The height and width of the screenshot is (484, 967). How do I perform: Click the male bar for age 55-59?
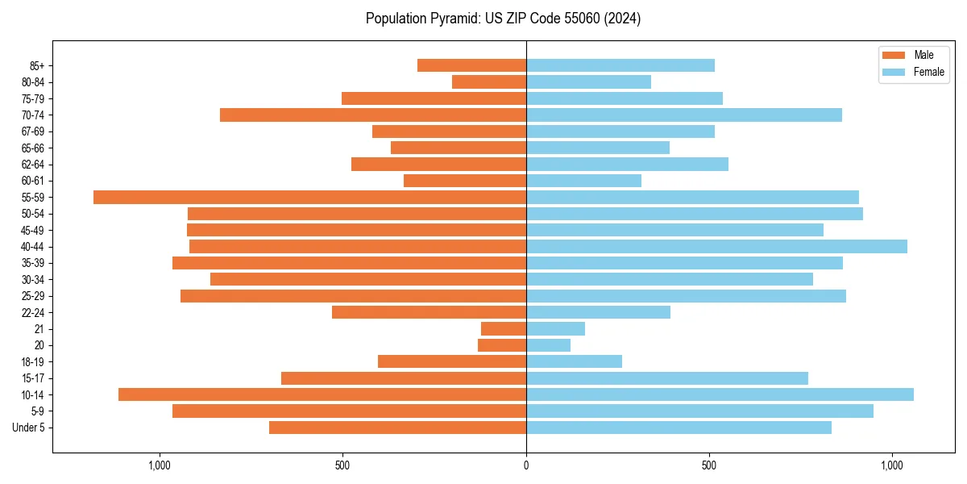coord(310,197)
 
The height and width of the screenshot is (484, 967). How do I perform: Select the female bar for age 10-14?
coord(720,394)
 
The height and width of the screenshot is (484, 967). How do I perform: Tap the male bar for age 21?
coord(504,329)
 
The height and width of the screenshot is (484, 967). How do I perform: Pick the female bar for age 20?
coord(548,345)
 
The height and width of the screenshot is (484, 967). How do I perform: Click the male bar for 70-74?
coord(373,115)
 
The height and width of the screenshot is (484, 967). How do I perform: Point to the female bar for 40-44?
coord(716,247)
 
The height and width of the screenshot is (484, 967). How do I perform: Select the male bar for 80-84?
coord(489,81)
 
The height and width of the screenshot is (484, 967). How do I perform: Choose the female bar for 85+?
coord(620,65)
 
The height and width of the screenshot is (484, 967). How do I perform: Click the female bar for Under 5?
coord(679,428)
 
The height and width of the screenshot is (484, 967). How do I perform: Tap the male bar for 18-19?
coord(452,361)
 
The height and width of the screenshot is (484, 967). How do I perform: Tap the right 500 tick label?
coord(709,465)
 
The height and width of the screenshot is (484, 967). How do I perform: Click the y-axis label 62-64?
coord(33,165)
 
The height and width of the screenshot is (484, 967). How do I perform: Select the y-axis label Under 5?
coord(28,428)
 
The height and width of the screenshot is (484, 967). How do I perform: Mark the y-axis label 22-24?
coord(33,313)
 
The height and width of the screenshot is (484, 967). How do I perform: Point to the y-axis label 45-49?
coord(33,231)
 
